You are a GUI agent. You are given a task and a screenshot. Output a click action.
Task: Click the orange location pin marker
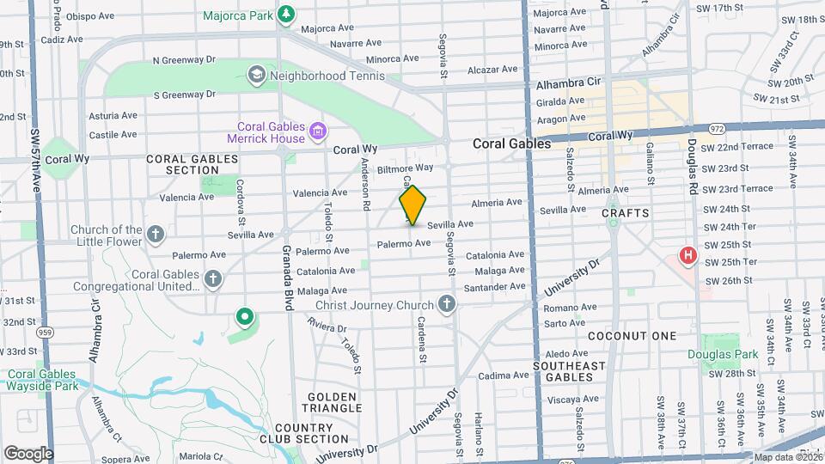[x=412, y=205]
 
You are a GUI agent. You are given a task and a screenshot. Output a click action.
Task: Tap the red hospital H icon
[x=687, y=255]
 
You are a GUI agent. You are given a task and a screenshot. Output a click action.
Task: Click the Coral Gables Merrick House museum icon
[x=318, y=131]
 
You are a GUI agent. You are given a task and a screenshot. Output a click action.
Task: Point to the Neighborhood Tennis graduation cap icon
[x=255, y=76]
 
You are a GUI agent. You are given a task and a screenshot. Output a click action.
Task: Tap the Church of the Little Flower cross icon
[x=155, y=235]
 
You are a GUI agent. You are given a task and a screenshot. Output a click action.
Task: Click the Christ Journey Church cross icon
[x=446, y=304]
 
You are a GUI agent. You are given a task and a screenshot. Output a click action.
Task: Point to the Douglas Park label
[x=723, y=354]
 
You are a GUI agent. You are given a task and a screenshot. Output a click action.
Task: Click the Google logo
[x=28, y=453]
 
